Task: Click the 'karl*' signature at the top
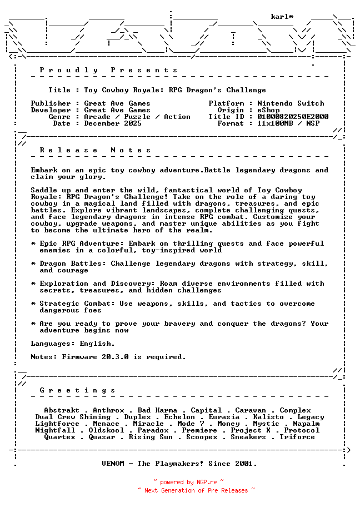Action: point(282,17)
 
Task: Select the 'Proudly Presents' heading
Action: point(109,70)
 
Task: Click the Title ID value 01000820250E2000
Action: point(293,117)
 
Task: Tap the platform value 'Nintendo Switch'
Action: point(291,103)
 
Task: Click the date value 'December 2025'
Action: point(113,123)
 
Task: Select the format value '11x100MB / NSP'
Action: point(288,123)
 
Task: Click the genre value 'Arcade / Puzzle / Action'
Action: point(137,117)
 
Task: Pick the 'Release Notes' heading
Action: point(96,150)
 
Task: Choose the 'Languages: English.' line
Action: point(73,344)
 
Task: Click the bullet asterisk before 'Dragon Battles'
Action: point(33,264)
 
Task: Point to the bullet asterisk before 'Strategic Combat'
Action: point(33,304)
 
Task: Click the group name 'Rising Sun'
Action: point(151,437)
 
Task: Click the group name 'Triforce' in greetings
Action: point(297,437)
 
